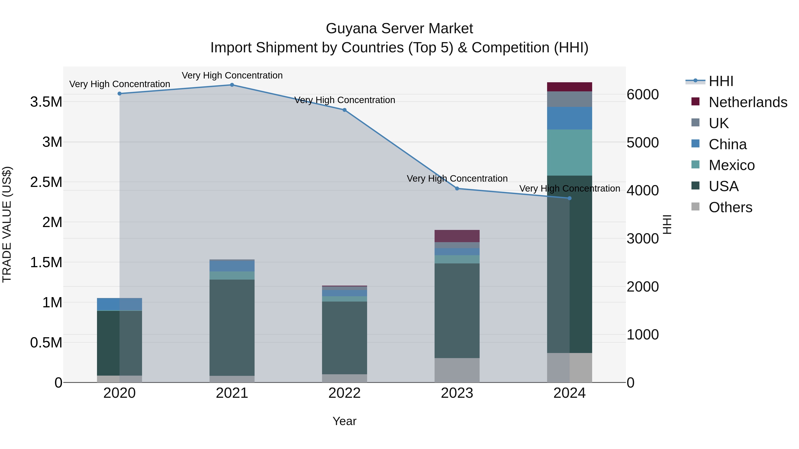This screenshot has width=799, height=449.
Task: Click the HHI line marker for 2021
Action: [232, 85]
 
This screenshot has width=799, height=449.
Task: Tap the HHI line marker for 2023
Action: [457, 188]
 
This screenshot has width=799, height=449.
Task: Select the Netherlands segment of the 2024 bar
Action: [570, 87]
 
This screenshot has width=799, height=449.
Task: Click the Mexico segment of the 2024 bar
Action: [570, 153]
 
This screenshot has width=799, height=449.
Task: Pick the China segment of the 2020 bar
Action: [119, 304]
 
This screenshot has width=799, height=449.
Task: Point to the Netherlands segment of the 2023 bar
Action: [457, 236]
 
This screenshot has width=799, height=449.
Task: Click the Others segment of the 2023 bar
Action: [457, 370]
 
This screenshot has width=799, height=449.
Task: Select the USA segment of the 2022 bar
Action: [344, 338]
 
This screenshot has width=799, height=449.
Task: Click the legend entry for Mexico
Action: [731, 165]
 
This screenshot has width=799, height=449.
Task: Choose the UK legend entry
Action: [718, 123]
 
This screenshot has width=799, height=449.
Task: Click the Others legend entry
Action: [730, 207]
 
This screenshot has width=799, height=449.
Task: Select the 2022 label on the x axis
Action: [344, 393]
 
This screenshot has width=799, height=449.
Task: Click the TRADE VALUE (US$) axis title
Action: [7, 224]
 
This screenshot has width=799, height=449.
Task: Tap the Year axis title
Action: [344, 421]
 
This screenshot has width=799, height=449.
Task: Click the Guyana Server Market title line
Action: [399, 29]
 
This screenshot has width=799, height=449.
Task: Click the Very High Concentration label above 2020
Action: [119, 84]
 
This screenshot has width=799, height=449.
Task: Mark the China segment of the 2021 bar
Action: [232, 266]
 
